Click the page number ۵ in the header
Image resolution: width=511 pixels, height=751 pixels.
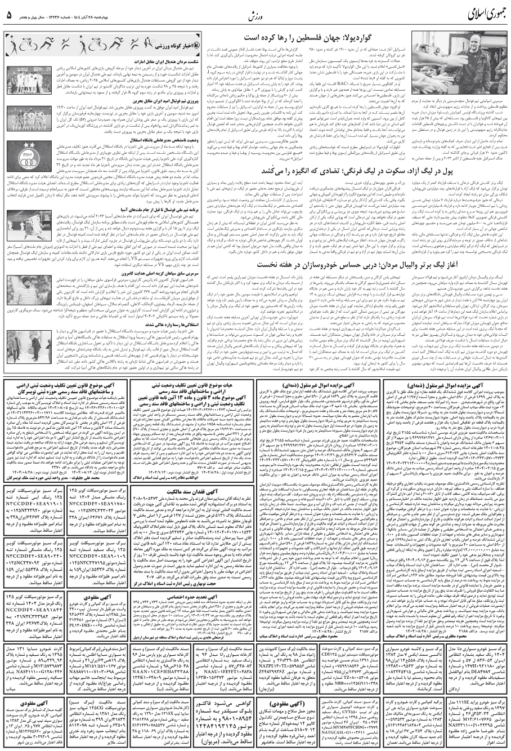point(10,15)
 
